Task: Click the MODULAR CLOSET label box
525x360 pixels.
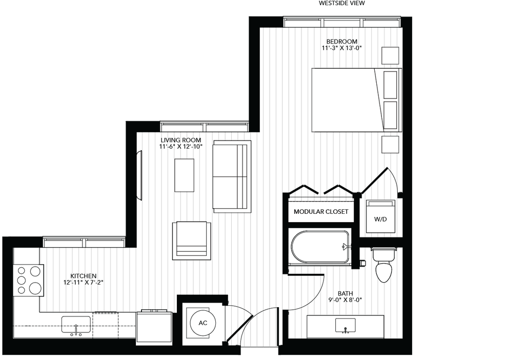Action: (x=321, y=212)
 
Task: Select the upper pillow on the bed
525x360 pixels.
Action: (x=391, y=85)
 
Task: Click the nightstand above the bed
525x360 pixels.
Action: (x=392, y=56)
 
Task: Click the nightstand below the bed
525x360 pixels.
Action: (x=392, y=144)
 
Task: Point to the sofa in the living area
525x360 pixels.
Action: (x=231, y=176)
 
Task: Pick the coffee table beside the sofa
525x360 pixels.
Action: (x=184, y=175)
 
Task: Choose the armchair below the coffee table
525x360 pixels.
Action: (x=192, y=240)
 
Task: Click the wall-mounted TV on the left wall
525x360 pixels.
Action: (x=138, y=175)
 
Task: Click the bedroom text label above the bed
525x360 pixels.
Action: (x=340, y=45)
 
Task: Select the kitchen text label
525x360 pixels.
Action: (x=85, y=279)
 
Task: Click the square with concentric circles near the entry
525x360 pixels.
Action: (x=204, y=325)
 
